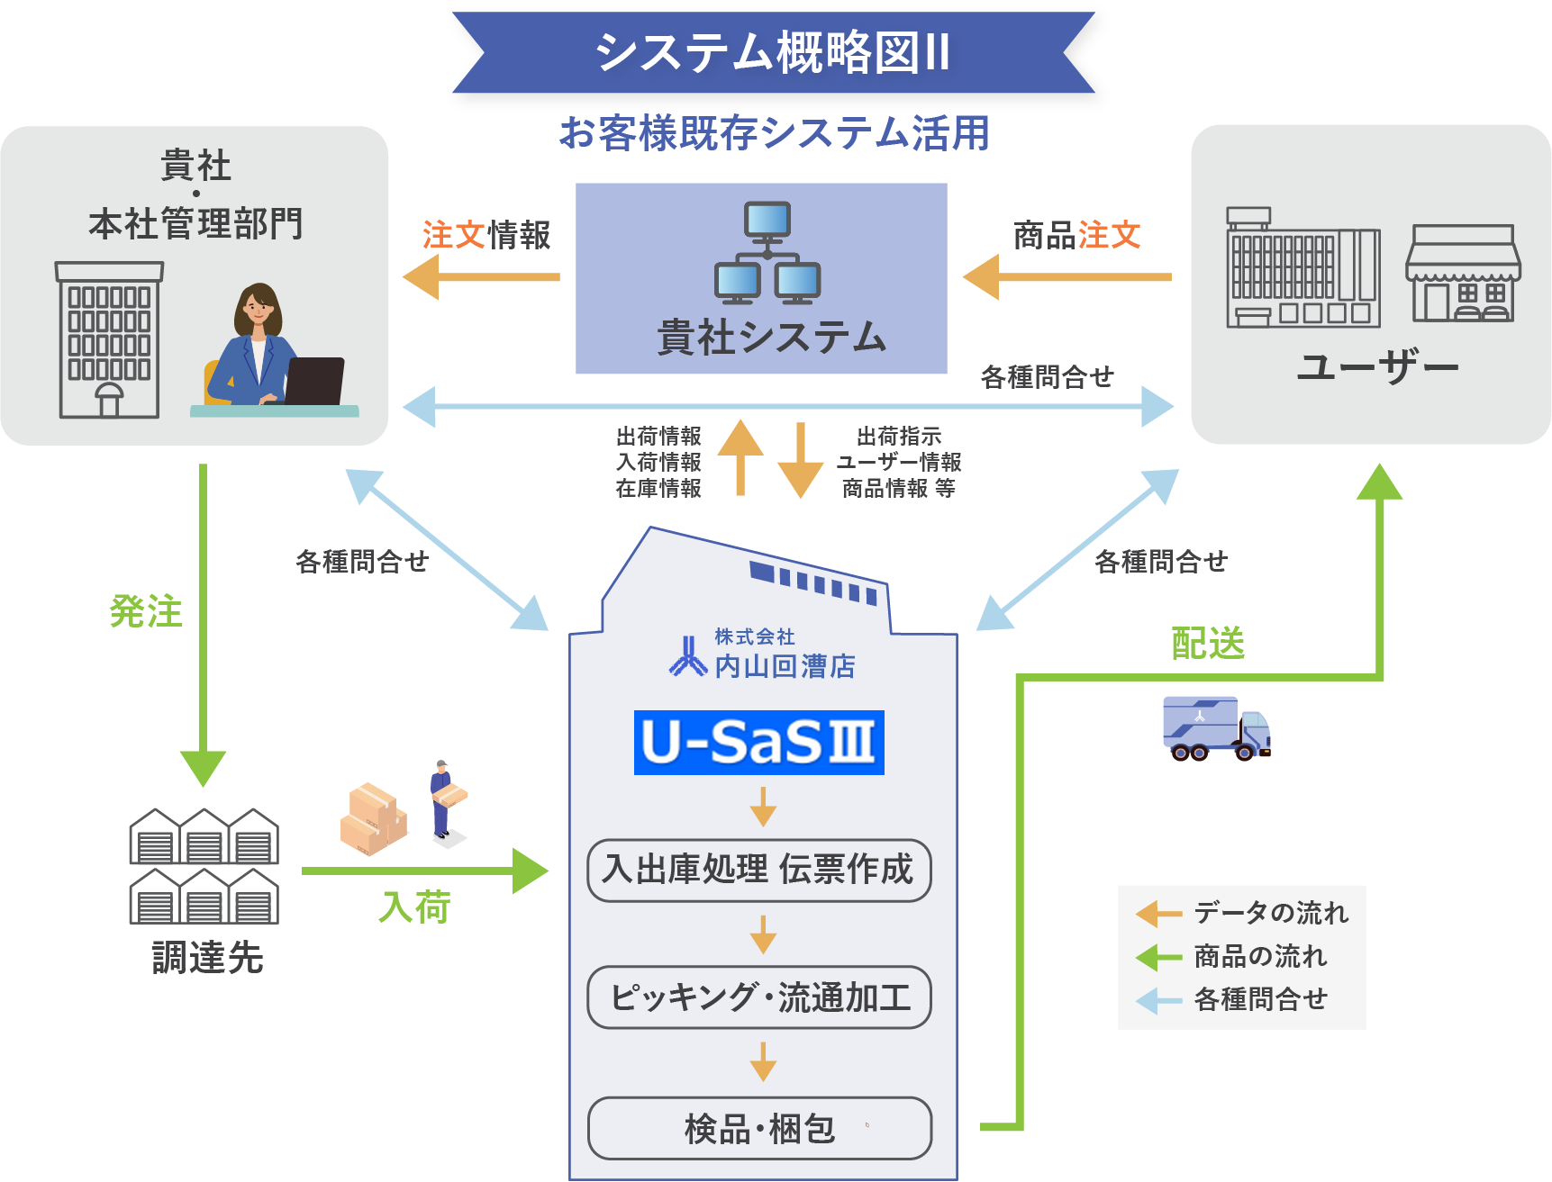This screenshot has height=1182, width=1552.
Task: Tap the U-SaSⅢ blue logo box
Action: [x=758, y=743]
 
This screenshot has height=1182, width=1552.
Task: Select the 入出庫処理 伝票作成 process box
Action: [x=758, y=870]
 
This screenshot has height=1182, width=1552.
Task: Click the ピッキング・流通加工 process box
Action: [x=758, y=997]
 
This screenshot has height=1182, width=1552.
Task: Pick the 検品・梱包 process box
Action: [x=758, y=1128]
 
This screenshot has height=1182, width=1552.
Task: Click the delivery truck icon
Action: [x=1216, y=727]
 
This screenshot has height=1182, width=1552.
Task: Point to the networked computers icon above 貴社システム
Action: [x=767, y=253]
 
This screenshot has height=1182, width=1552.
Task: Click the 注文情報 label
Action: [x=486, y=236]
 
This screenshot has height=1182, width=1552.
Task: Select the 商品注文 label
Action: [x=1076, y=236]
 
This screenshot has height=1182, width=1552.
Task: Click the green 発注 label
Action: [x=146, y=612]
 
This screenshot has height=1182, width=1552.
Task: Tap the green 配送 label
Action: [x=1208, y=644]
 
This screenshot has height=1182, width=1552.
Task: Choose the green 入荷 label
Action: [x=414, y=907]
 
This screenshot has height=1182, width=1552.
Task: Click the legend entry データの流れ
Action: [x=1270, y=913]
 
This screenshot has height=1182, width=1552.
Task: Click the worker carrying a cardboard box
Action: [x=444, y=800]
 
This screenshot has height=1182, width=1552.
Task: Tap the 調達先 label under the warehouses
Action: [x=207, y=958]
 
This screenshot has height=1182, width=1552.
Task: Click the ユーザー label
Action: [x=1377, y=367]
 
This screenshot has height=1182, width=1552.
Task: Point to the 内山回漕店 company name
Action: [x=784, y=666]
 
